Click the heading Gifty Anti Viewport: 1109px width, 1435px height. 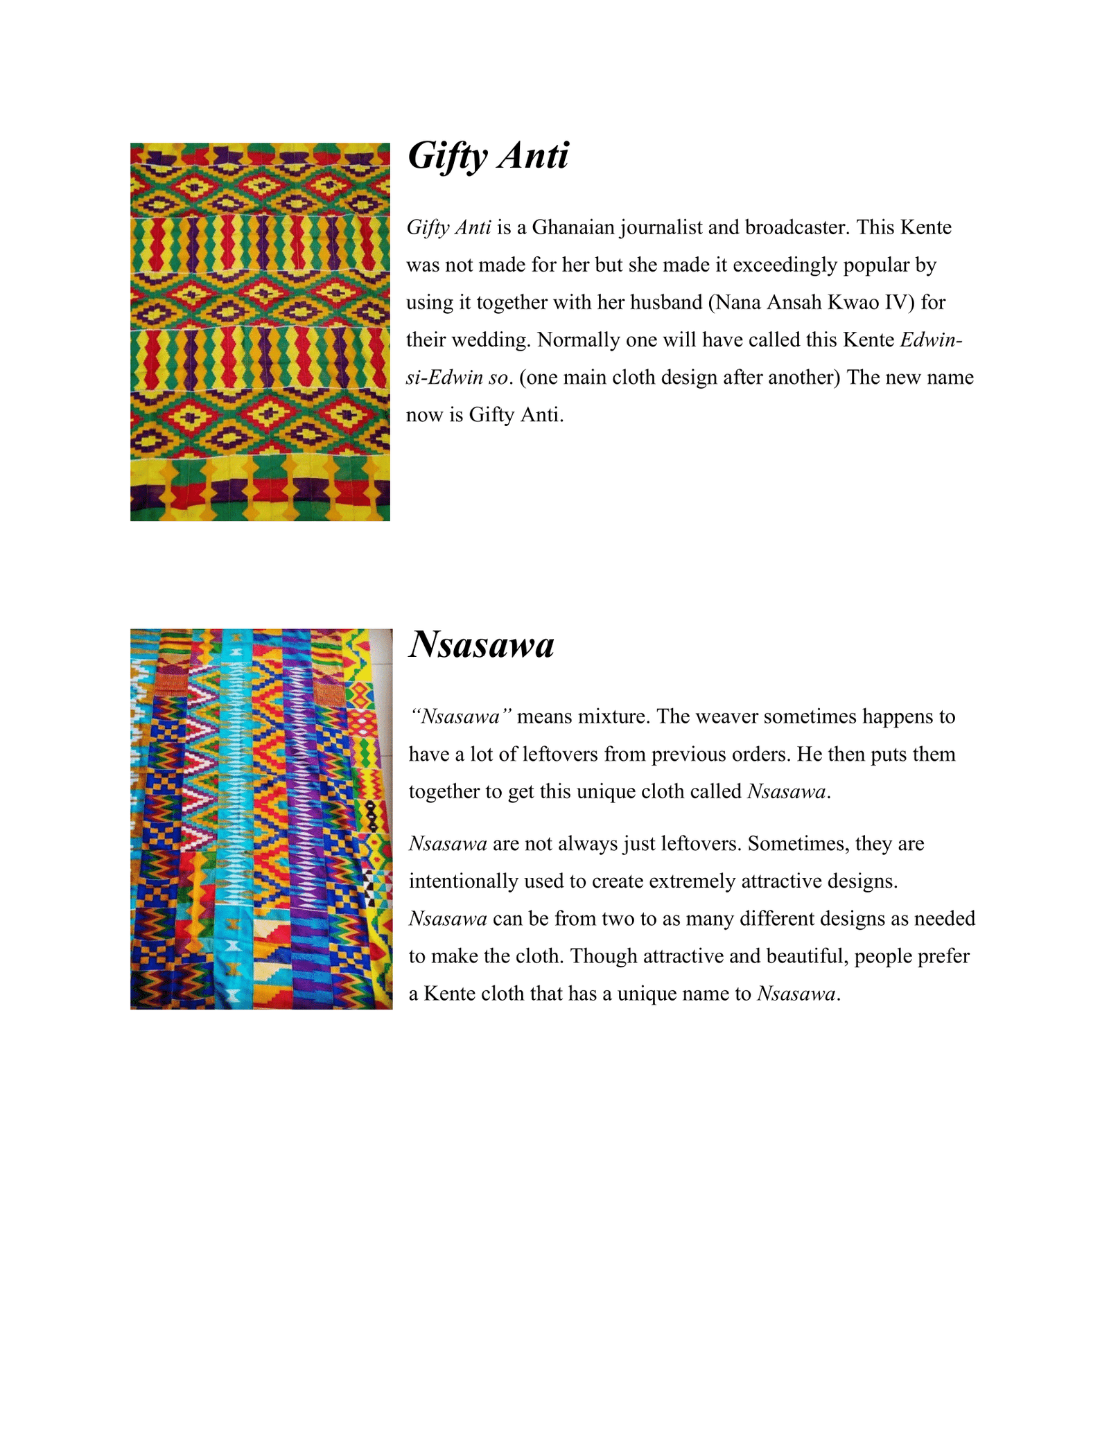(x=488, y=156)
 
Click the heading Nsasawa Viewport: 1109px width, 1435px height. (x=482, y=645)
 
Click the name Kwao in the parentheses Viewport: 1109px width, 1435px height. (x=849, y=303)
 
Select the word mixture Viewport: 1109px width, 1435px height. (x=614, y=716)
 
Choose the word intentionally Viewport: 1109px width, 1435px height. (x=463, y=881)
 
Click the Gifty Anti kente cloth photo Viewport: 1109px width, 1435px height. (x=260, y=332)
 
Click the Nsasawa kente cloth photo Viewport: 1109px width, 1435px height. (x=261, y=819)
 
